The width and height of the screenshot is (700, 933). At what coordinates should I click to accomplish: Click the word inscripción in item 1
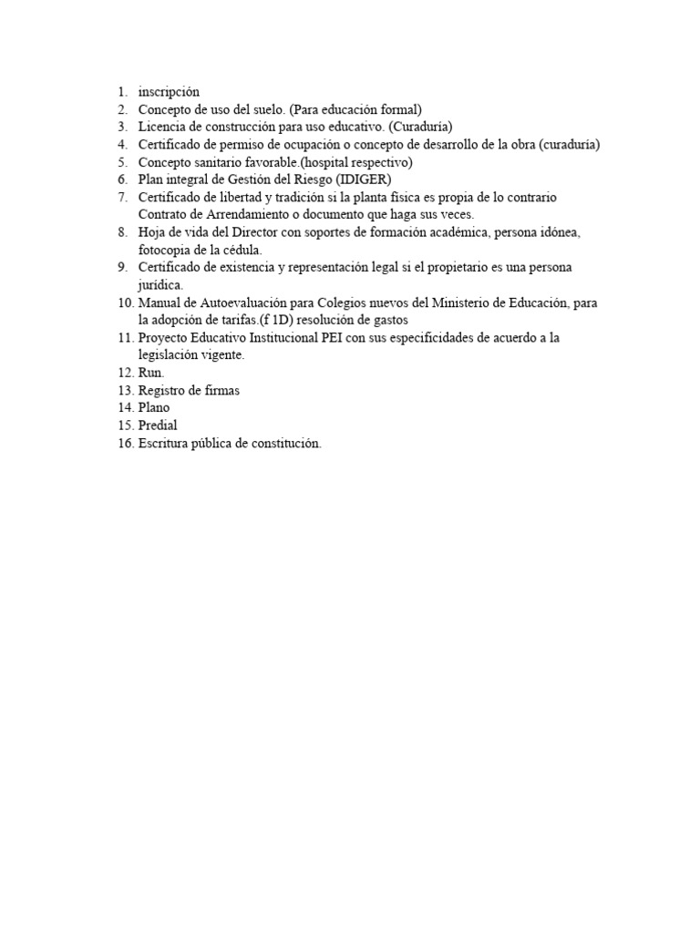pyautogui.click(x=169, y=92)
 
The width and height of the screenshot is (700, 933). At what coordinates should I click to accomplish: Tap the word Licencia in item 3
pyautogui.click(x=162, y=127)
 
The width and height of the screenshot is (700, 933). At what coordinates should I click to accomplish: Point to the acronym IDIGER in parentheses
pyautogui.click(x=365, y=179)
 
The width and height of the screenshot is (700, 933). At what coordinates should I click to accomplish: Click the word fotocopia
pyautogui.click(x=164, y=250)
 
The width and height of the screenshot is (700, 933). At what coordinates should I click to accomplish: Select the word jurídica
pyautogui.click(x=161, y=284)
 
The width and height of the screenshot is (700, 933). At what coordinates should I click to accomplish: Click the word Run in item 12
pyautogui.click(x=149, y=373)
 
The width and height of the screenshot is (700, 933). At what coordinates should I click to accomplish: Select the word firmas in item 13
pyautogui.click(x=221, y=390)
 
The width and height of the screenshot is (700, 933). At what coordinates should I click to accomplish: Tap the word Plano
pyautogui.click(x=154, y=407)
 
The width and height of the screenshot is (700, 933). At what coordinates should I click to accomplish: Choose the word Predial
pyautogui.click(x=158, y=425)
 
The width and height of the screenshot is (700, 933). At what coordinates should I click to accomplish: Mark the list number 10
pyautogui.click(x=124, y=302)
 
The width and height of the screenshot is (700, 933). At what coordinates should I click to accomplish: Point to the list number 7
pyautogui.click(x=122, y=197)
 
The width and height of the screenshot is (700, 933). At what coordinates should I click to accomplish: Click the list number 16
pyautogui.click(x=124, y=443)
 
